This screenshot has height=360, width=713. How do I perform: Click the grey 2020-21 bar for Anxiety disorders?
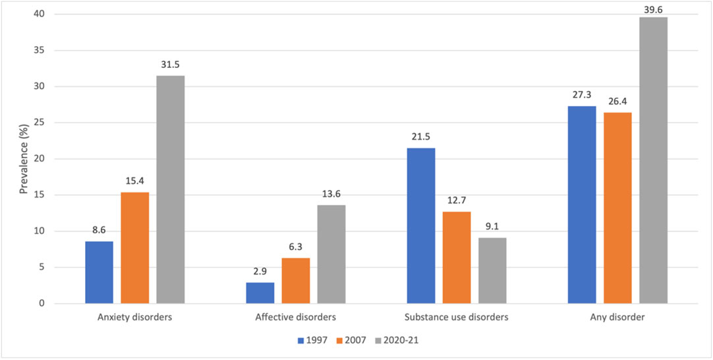coord(171,190)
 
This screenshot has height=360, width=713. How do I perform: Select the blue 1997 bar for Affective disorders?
coord(260,293)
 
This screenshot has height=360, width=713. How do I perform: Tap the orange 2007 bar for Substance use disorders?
coord(457,257)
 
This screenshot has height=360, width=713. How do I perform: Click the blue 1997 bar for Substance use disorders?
coord(420,225)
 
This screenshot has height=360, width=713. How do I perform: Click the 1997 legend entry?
coord(309,341)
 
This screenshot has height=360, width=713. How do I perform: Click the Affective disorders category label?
coord(295,317)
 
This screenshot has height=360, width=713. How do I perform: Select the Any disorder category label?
coord(617,317)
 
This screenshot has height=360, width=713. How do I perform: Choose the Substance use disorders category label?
coord(456,317)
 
